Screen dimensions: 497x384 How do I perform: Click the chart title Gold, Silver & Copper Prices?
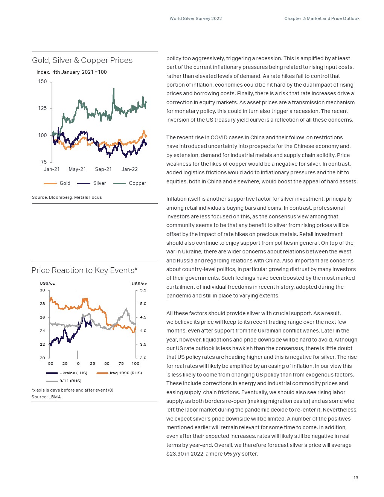click(82, 60)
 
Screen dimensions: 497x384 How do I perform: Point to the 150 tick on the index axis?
click(43, 82)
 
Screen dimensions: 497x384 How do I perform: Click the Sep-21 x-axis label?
click(103, 169)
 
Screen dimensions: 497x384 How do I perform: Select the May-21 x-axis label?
click(77, 169)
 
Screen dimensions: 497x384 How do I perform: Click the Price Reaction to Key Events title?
click(84, 270)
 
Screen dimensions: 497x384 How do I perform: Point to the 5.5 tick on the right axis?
click(143, 290)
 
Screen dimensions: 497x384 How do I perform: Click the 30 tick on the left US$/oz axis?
click(43, 290)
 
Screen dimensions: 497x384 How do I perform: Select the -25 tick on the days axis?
click(64, 364)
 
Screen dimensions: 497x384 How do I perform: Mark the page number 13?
click(356, 478)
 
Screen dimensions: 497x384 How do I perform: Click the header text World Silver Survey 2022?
click(195, 18)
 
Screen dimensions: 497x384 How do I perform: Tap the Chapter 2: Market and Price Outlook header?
click(322, 18)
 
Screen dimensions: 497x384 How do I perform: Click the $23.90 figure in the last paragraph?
click(175, 454)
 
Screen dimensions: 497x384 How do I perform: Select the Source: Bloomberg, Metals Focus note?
click(67, 197)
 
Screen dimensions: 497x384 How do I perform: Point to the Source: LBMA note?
click(46, 397)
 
